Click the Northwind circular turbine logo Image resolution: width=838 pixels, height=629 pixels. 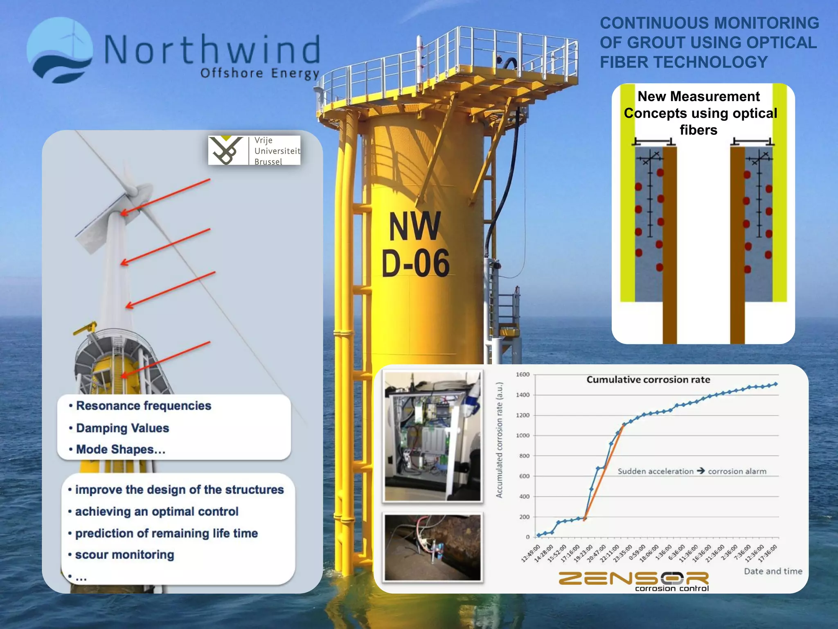click(60, 50)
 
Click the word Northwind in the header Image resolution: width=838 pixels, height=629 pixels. click(212, 50)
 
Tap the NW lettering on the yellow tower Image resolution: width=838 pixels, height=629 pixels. click(414, 226)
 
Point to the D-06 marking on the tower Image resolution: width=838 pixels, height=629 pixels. click(415, 263)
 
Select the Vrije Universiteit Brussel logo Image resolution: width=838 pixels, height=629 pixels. click(254, 151)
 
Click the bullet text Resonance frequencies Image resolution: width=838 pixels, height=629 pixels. click(143, 406)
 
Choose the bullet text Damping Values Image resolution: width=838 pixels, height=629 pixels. click(122, 428)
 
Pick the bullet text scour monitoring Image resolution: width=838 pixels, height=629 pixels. click(124, 554)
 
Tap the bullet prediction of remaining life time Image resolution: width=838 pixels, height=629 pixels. click(166, 533)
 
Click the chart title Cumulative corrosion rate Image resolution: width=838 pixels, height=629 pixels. click(648, 380)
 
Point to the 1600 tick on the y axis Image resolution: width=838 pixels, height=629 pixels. click(523, 374)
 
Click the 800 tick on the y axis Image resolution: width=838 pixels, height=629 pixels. click(524, 456)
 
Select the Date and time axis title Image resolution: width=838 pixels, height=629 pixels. click(773, 571)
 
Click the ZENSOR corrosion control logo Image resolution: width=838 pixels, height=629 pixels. click(634, 581)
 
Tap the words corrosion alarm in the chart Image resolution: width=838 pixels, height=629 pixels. click(737, 471)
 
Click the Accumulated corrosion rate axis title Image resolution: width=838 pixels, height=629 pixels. click(499, 440)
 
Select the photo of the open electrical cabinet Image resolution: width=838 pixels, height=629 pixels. click(433, 436)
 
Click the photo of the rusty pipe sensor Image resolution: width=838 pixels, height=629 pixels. click(433, 548)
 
